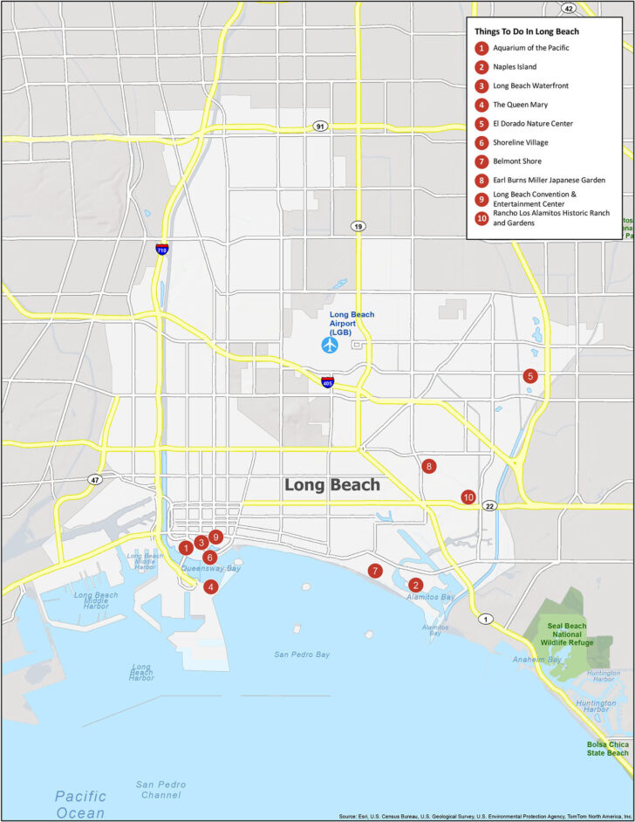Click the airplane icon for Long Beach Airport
pyautogui.click(x=330, y=345)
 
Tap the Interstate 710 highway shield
pyautogui.click(x=162, y=249)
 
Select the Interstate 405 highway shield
pyautogui.click(x=327, y=382)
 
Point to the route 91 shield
pyautogui.click(x=321, y=127)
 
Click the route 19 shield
pyautogui.click(x=358, y=226)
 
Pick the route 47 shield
pyautogui.click(x=93, y=479)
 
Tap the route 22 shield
pyautogui.click(x=490, y=506)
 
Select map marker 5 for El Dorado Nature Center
pyautogui.click(x=529, y=376)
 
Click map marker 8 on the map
pyautogui.click(x=428, y=466)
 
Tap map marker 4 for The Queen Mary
pyautogui.click(x=210, y=586)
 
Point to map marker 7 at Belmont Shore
pyautogui.click(x=375, y=571)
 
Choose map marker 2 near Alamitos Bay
pyautogui.click(x=416, y=585)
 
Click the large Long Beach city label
pyautogui.click(x=332, y=485)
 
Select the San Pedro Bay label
pyautogui.click(x=302, y=654)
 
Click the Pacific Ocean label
pyautogui.click(x=80, y=804)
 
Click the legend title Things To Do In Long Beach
pyautogui.click(x=527, y=31)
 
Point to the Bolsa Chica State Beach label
pyautogui.click(x=607, y=748)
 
